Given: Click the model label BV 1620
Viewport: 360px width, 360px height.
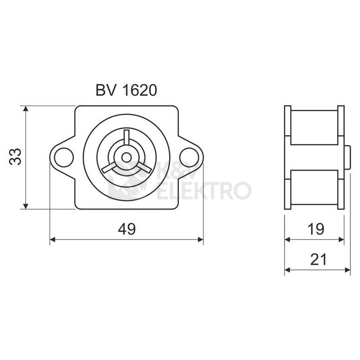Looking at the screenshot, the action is (126, 90).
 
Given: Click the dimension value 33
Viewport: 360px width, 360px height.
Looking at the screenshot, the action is (15, 157).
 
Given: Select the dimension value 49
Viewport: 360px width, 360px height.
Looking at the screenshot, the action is (127, 229).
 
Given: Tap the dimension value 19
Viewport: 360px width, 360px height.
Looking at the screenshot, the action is (316, 229).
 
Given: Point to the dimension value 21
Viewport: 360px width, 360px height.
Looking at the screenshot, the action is (318, 259).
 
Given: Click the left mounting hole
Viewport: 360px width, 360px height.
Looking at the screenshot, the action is (64, 157).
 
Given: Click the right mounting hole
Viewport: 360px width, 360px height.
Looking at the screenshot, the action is (189, 157).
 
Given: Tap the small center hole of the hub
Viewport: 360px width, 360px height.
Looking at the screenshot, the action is (127, 157).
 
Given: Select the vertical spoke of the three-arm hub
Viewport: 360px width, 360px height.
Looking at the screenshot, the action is (127, 138).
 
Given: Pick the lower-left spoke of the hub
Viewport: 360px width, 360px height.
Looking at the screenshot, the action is (109, 167).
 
